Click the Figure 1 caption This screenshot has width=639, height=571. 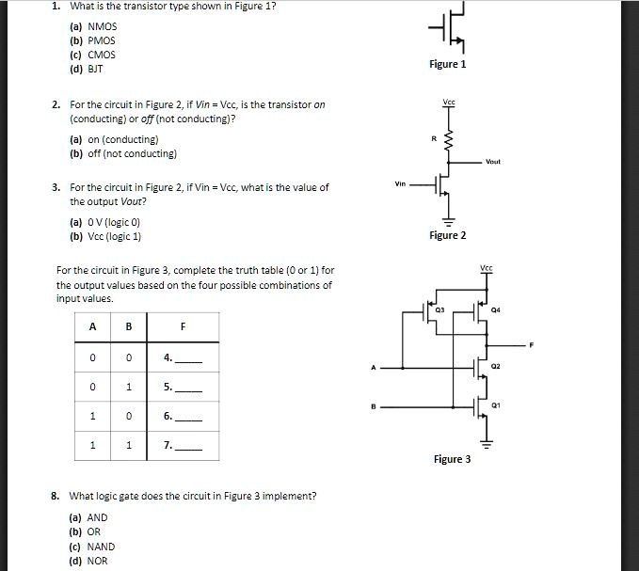coord(447,64)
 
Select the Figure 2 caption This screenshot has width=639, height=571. coord(447,235)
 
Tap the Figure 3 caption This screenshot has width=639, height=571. coord(452,459)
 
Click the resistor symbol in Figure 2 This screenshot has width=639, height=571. coord(448,142)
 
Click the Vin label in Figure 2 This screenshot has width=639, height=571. coord(401,183)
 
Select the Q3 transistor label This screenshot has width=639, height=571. coord(439,307)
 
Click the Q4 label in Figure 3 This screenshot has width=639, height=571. coord(495,308)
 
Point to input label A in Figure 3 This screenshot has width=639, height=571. coord(373,366)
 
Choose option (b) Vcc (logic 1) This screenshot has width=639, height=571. coord(118,236)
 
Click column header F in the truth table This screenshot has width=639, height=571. coord(183,326)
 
